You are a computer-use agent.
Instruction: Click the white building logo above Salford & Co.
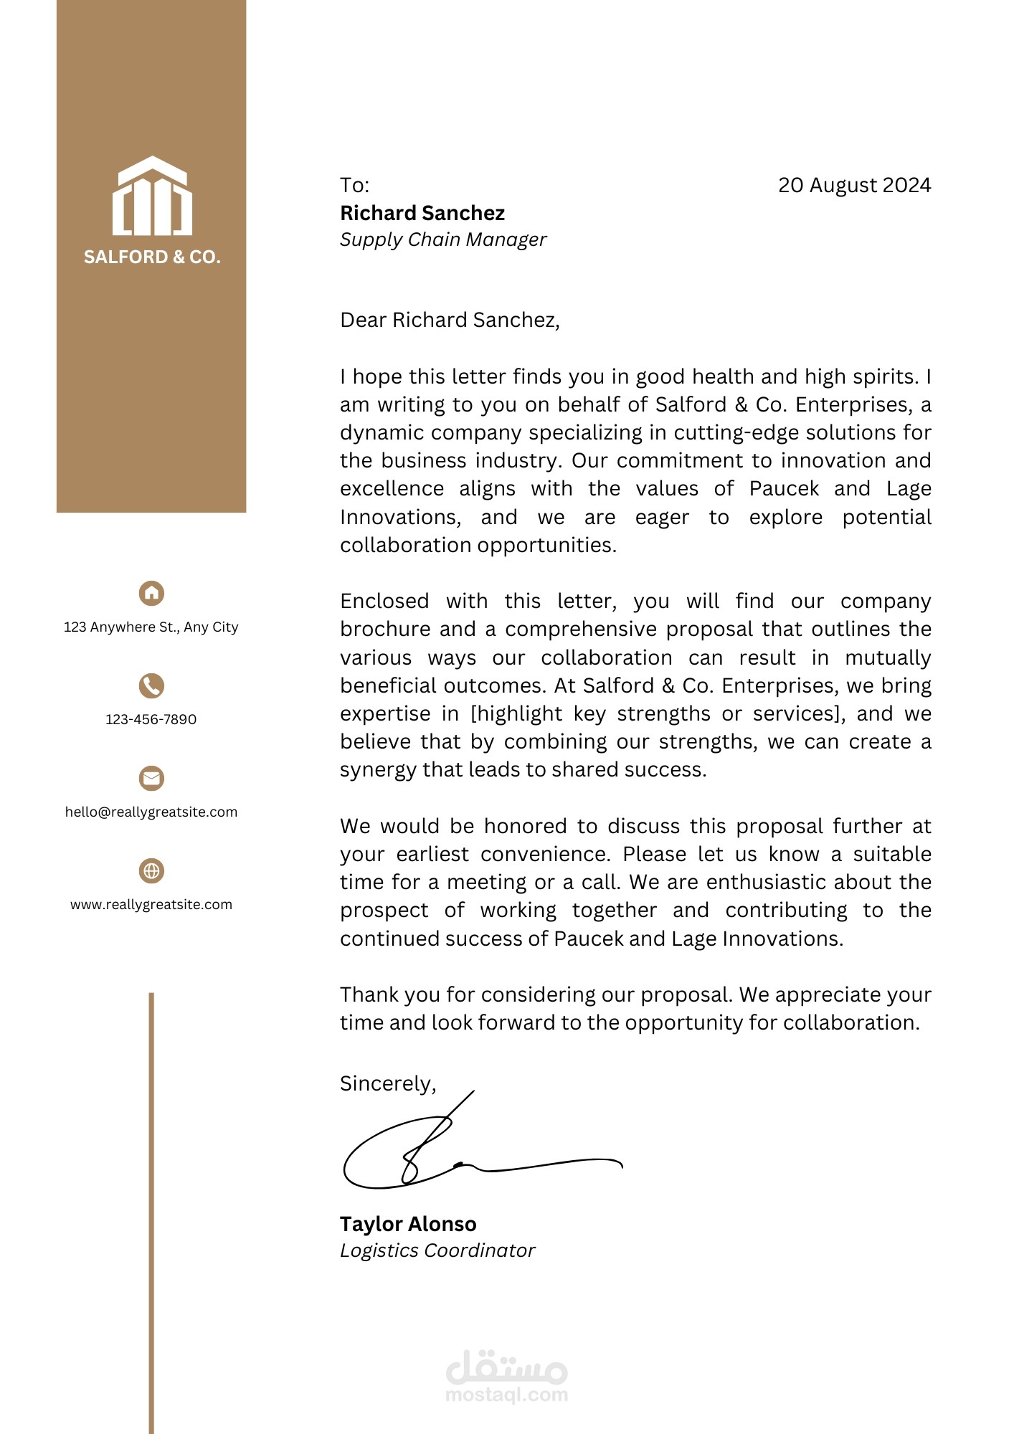coord(152,196)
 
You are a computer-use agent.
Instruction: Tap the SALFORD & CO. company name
coord(152,257)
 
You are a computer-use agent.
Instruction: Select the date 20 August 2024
coord(854,186)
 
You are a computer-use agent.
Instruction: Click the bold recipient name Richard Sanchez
coord(422,214)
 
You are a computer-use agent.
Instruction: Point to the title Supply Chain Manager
coord(443,239)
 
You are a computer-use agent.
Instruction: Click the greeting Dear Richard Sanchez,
coord(450,320)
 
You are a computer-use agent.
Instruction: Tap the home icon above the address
coord(151,593)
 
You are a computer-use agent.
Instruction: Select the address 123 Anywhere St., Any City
coord(151,627)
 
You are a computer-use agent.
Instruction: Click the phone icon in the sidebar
coord(151,685)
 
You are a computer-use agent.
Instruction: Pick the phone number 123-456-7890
coord(151,720)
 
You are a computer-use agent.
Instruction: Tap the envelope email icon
coord(151,778)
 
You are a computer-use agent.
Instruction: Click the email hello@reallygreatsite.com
coord(151,812)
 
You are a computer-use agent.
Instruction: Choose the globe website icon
coord(151,870)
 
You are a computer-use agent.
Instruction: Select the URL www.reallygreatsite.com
coord(151,905)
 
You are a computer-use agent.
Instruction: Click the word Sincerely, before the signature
coord(388,1083)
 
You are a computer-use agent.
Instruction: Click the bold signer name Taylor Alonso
coord(408,1224)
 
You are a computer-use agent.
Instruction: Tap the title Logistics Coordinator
coord(437,1250)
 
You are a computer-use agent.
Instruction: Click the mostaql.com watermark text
coord(506,1395)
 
